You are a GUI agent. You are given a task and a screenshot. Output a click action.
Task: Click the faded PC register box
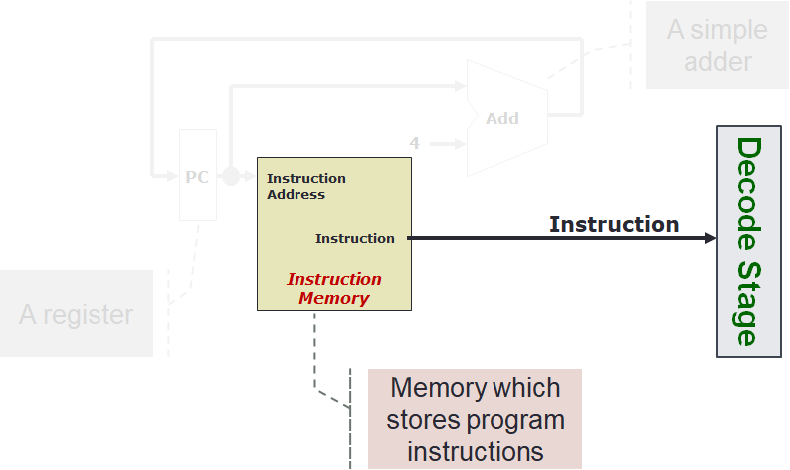(197, 175)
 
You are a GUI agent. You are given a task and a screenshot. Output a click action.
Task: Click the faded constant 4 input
(415, 143)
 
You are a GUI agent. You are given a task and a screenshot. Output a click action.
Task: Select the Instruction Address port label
(305, 186)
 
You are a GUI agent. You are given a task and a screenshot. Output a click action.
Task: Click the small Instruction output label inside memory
(354, 238)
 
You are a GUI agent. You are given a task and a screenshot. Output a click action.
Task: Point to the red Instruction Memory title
(334, 289)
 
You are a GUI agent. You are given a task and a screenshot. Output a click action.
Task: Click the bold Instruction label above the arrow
(614, 224)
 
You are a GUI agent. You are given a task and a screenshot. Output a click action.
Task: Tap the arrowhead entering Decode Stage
(709, 238)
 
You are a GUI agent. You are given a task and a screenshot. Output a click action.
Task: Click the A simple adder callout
(716, 45)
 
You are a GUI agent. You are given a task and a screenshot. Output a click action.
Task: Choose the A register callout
(77, 315)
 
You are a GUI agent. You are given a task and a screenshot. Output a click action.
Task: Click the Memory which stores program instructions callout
(475, 419)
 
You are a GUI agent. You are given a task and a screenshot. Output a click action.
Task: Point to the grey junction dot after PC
(231, 176)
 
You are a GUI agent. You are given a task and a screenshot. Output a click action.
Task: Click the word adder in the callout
(717, 61)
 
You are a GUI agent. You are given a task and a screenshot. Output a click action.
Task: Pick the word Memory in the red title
(334, 298)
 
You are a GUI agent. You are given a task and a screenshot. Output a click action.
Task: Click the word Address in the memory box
(296, 194)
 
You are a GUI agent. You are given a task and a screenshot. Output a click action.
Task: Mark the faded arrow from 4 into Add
(447, 143)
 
